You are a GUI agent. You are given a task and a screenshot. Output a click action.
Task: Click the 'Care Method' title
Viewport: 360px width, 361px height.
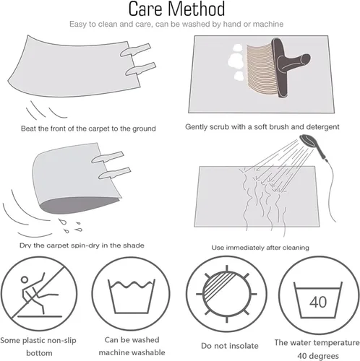(x=177, y=9)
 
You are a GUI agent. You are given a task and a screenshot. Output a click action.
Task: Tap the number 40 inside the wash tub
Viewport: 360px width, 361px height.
(x=318, y=303)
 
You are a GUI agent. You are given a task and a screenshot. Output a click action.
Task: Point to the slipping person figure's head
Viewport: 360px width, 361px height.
(x=25, y=279)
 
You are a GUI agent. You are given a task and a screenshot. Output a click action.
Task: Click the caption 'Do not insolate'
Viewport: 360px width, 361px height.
(x=230, y=346)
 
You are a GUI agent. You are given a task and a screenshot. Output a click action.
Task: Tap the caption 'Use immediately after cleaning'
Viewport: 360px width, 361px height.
(x=260, y=248)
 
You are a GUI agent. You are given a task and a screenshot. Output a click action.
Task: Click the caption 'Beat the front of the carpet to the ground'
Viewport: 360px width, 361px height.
(x=88, y=129)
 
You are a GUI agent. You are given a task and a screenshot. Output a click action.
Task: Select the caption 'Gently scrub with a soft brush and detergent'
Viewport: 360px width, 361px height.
(x=262, y=127)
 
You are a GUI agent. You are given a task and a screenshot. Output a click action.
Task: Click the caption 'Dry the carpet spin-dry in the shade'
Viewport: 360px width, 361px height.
(x=82, y=245)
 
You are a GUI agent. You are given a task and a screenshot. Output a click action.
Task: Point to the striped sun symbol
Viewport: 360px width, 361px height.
(x=226, y=294)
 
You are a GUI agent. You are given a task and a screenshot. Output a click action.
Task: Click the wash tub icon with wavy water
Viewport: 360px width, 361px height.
(x=131, y=296)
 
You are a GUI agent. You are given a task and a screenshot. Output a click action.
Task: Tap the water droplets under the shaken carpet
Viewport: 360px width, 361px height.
(x=71, y=226)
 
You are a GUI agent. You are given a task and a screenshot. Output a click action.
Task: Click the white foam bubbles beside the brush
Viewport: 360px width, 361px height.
(x=236, y=62)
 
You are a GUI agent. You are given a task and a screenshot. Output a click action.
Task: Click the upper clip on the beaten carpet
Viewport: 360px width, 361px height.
(x=135, y=50)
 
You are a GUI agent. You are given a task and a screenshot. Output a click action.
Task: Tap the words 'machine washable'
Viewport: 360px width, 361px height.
(x=132, y=352)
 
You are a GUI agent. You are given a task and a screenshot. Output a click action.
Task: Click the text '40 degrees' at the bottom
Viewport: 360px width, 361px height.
(x=318, y=356)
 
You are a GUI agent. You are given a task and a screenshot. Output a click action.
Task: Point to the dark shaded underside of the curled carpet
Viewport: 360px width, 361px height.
(x=80, y=204)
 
